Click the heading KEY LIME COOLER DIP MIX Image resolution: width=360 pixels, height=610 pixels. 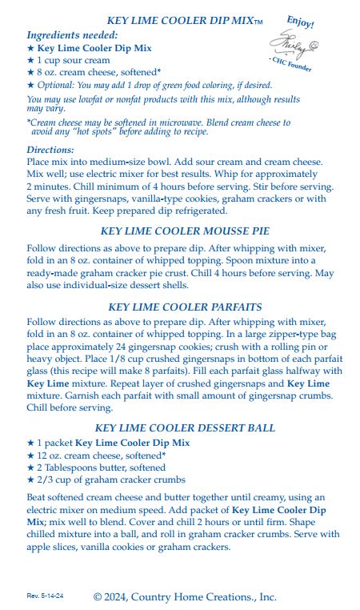pos(179,21)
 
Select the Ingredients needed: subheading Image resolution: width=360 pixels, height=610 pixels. pos(72,35)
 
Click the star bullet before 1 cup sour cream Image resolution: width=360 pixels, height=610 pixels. pos(30,60)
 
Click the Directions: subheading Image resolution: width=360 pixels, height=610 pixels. pos(50,149)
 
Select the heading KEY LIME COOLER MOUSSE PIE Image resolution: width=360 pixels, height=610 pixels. pos(185,231)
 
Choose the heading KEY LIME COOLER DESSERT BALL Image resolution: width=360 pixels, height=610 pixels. pos(185,428)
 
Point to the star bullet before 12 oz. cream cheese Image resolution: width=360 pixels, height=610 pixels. pos(30,455)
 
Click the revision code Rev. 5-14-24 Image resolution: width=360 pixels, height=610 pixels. pos(45,596)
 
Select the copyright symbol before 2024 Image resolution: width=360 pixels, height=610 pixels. pos(99,596)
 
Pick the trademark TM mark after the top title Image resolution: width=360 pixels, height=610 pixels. pos(257,22)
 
